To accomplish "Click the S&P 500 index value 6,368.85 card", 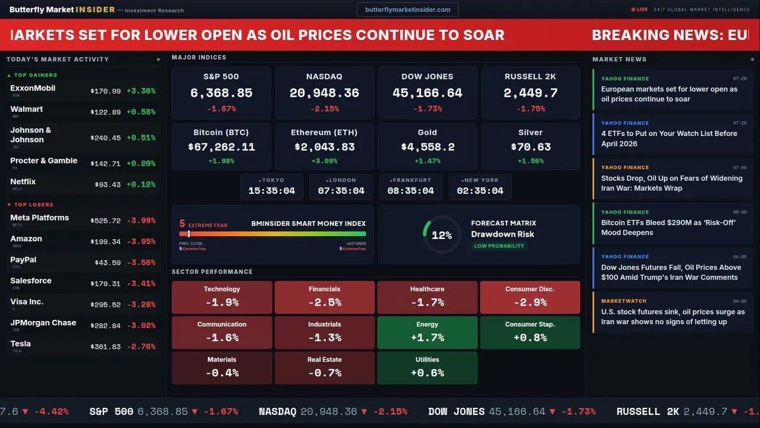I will pyautogui.click(x=221, y=93).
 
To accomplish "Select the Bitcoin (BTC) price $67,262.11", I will pyautogui.click(x=221, y=147).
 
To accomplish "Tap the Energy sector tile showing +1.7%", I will pyautogui.click(x=427, y=332).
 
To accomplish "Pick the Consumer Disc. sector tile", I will pyautogui.click(x=530, y=297).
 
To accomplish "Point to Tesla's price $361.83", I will pyautogui.click(x=106, y=347).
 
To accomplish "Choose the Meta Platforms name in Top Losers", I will pyautogui.click(x=40, y=218).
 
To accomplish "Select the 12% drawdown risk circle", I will pyautogui.click(x=441, y=235).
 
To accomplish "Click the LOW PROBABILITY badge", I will pyautogui.click(x=499, y=246).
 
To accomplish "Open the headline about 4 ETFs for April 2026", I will pyautogui.click(x=669, y=139).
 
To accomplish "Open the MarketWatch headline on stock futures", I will pyautogui.click(x=673, y=317).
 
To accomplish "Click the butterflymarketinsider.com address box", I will pyautogui.click(x=407, y=10).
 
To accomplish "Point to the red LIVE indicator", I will pyautogui.click(x=639, y=10).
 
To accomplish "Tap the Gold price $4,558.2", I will pyautogui.click(x=427, y=147).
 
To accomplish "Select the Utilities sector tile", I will pyautogui.click(x=427, y=368).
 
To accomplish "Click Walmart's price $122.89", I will pyautogui.click(x=106, y=112).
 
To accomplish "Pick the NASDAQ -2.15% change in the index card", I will pyautogui.click(x=324, y=109).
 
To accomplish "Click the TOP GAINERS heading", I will pyautogui.click(x=35, y=75).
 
